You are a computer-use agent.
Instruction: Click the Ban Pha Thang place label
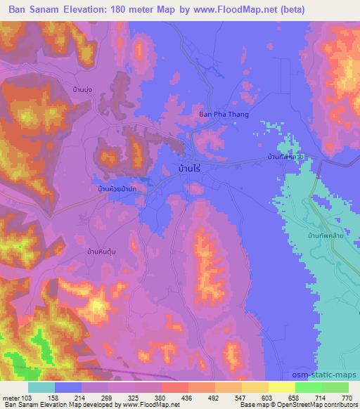click(x=224, y=114)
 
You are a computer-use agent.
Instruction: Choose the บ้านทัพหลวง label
click(x=285, y=158)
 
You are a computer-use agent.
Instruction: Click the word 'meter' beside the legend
click(x=12, y=397)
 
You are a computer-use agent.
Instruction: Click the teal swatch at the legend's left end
click(x=41, y=387)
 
